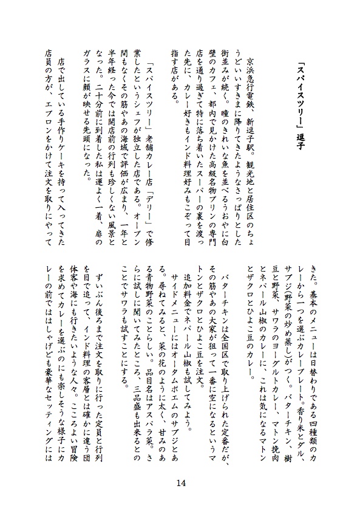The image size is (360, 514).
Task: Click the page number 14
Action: click(180, 483)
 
